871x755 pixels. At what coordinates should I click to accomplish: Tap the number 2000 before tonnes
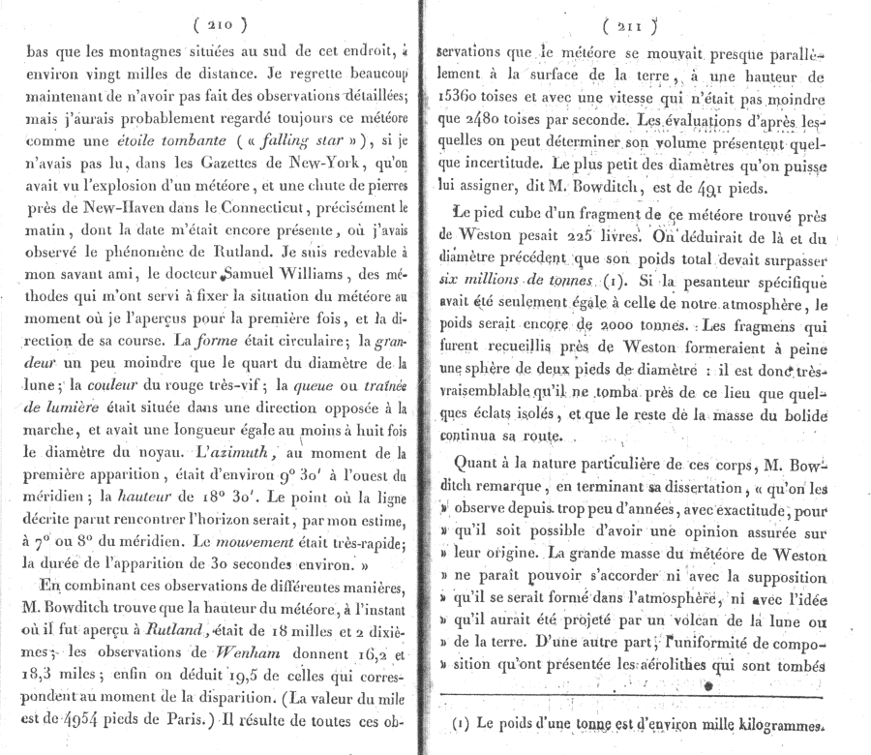[x=571, y=325]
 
